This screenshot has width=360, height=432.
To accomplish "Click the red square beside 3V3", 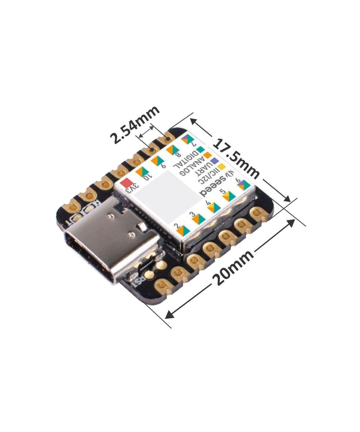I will point(127,183).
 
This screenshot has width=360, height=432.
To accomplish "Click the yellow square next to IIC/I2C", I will point(222,166).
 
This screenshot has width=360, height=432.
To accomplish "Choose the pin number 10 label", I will point(148,176).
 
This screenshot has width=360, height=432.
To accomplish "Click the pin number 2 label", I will point(177,226).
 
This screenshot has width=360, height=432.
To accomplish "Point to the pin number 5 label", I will point(222,191).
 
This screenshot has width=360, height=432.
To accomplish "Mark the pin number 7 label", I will point(194,141).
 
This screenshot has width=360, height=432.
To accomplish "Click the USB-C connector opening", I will point(90,256).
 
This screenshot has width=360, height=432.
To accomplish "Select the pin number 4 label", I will point(208,203).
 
